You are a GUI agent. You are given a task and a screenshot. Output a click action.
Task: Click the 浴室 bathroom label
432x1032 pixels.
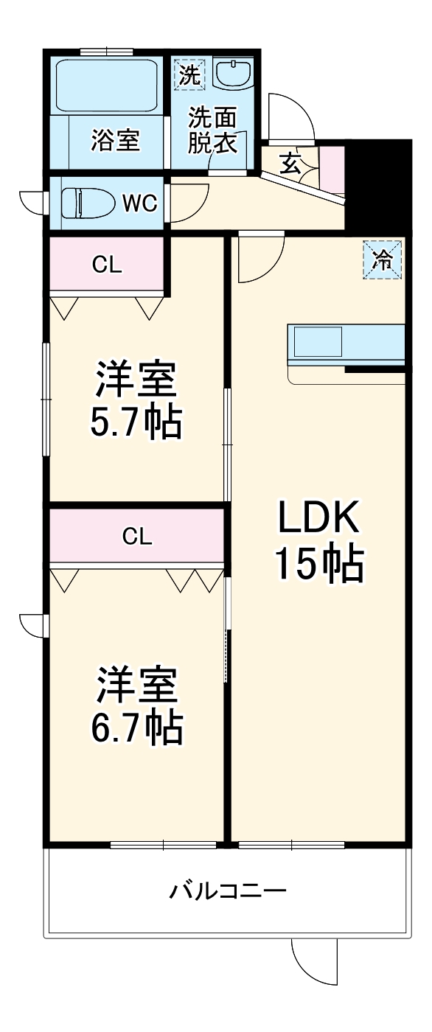click(x=116, y=139)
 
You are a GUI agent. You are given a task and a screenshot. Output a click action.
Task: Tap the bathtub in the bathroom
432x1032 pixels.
click(x=107, y=84)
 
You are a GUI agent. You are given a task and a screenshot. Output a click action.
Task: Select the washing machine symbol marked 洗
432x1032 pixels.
click(x=189, y=75)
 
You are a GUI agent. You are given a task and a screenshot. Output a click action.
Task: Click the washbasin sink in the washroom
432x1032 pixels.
click(x=233, y=74)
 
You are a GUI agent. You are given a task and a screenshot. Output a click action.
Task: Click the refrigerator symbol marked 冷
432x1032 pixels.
click(x=383, y=259)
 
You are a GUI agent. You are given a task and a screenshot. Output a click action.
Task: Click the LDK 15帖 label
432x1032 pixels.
click(x=318, y=543)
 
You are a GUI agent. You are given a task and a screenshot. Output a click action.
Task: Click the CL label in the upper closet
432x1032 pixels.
click(x=106, y=265)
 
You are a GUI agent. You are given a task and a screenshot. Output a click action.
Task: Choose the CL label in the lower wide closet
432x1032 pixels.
click(x=137, y=536)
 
